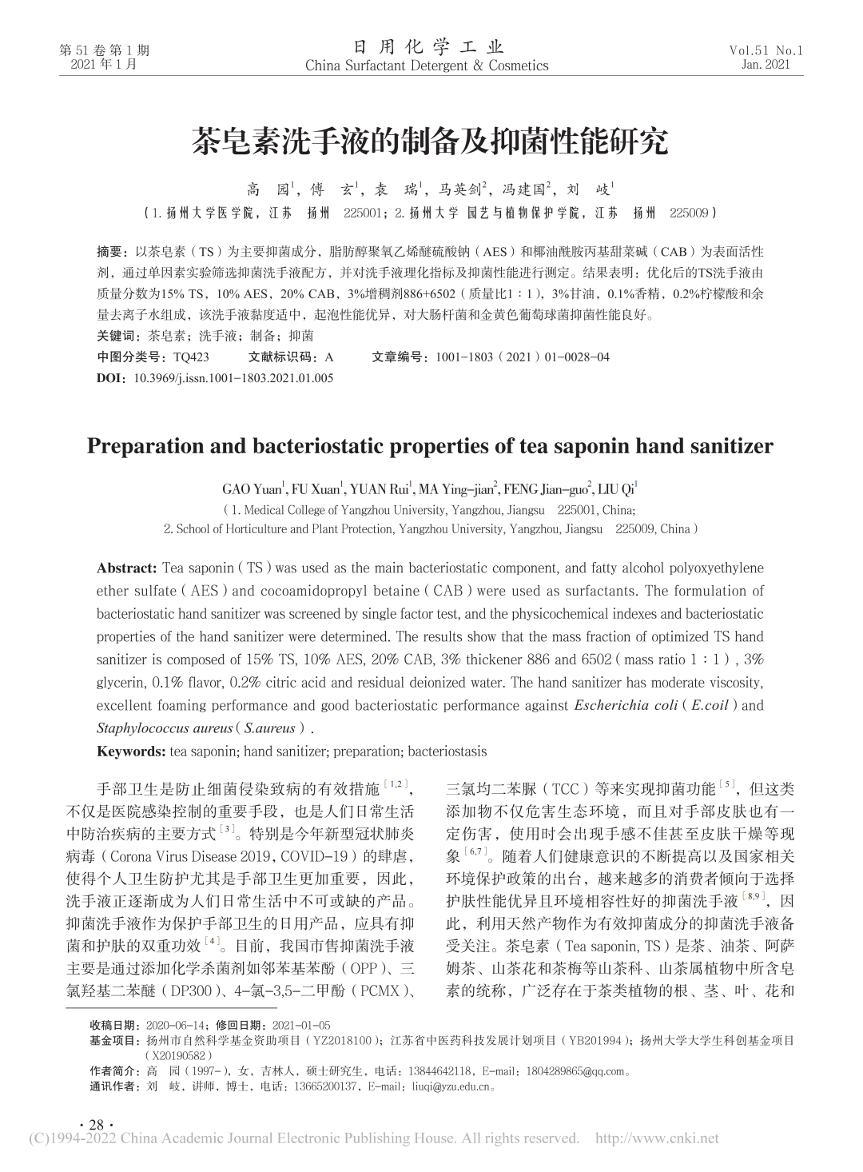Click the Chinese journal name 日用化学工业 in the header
[x=427, y=46]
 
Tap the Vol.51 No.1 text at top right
[x=766, y=50]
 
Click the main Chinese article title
[x=430, y=142]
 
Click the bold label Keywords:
[x=131, y=751]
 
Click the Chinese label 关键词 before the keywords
[x=114, y=337]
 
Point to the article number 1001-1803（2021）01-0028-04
[x=523, y=357]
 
